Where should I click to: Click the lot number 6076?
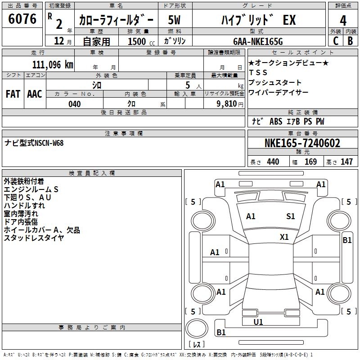click(x=22, y=19)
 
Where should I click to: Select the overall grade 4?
click(x=343, y=21)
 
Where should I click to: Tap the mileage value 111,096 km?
click(x=53, y=65)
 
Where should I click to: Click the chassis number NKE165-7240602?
click(x=302, y=143)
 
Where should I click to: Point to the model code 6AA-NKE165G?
click(x=258, y=41)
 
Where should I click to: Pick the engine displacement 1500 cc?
click(x=141, y=41)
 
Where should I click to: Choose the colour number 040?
click(x=75, y=104)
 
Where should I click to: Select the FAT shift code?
click(x=13, y=94)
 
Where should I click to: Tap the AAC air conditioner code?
click(x=35, y=94)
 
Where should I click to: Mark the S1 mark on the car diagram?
click(x=290, y=216)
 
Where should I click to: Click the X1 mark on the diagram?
click(x=284, y=237)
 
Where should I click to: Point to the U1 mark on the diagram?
click(x=258, y=322)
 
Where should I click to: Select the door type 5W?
click(x=174, y=20)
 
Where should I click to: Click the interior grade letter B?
click(x=350, y=41)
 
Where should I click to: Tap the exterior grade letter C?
click(x=336, y=41)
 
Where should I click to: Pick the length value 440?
click(x=273, y=162)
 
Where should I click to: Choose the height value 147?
click(x=346, y=162)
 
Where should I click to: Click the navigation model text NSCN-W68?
click(x=49, y=143)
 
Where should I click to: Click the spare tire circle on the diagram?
click(x=197, y=328)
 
